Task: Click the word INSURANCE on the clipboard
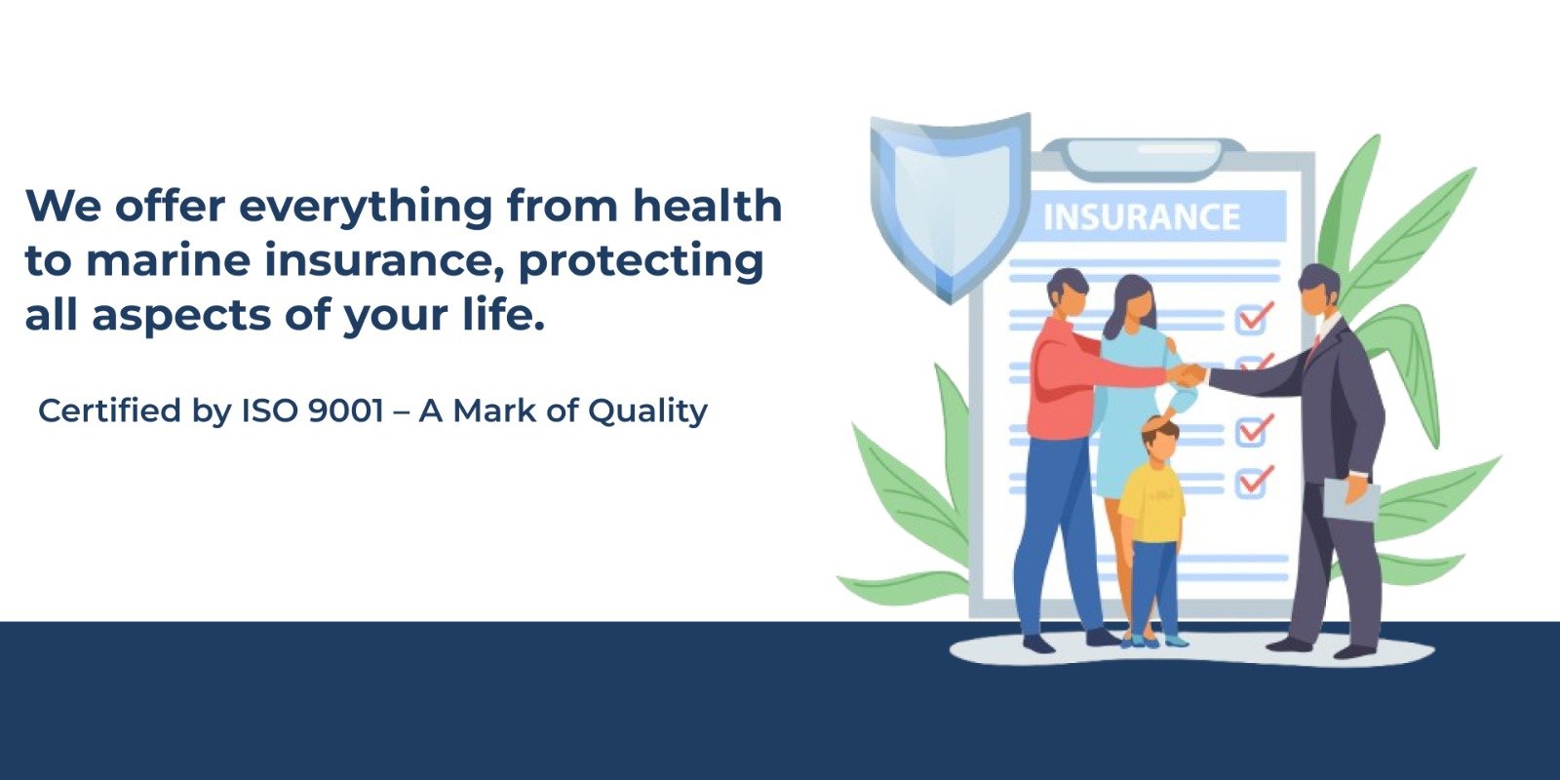click(1142, 216)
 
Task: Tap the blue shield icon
click(950, 207)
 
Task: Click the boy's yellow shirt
click(1152, 502)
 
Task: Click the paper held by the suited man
click(1350, 499)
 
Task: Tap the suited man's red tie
click(1315, 346)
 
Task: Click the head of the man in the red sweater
click(1067, 293)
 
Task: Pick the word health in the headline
click(707, 206)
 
